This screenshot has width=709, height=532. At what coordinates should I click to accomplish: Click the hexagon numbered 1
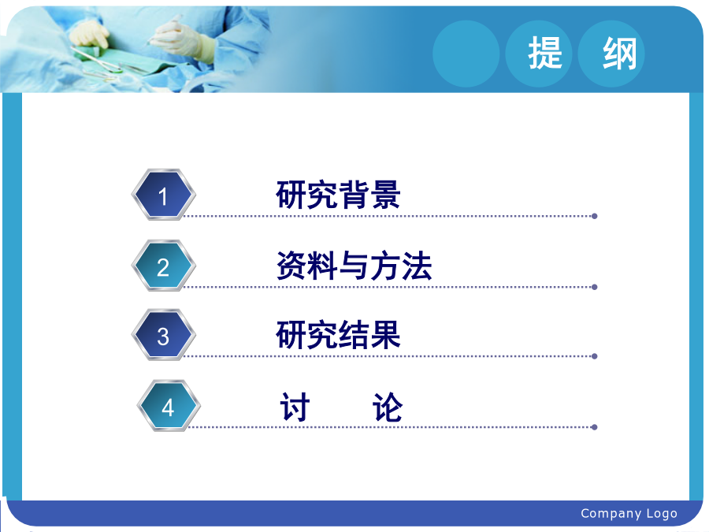[x=163, y=195]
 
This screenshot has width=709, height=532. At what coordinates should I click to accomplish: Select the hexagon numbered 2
[x=163, y=266]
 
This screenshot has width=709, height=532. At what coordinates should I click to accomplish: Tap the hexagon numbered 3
[x=163, y=335]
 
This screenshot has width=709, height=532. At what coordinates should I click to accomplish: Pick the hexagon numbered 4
[x=169, y=406]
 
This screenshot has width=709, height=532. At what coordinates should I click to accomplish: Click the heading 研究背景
[x=338, y=195]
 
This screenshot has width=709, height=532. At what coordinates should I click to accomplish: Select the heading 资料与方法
[x=354, y=266]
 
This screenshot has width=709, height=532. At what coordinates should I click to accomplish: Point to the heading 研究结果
[x=338, y=335]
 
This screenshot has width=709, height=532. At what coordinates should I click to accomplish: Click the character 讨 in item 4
[x=295, y=407]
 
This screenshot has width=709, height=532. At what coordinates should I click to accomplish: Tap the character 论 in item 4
[x=387, y=407]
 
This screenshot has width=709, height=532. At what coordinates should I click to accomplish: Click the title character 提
[x=545, y=54]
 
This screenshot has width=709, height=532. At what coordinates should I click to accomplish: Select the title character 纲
[x=619, y=54]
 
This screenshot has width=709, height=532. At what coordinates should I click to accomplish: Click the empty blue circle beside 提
[x=466, y=54]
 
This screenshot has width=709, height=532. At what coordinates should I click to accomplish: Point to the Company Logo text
[x=629, y=513]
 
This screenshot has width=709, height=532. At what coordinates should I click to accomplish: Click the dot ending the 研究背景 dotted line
[x=595, y=216]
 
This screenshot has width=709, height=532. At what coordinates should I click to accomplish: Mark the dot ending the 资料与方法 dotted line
[x=595, y=287]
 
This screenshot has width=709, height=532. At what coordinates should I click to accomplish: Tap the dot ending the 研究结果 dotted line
[x=595, y=356]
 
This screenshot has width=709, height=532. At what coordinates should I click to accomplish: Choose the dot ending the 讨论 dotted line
[x=595, y=427]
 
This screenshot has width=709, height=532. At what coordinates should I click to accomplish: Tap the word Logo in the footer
[x=662, y=514]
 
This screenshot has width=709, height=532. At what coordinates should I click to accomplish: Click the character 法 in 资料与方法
[x=417, y=266]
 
